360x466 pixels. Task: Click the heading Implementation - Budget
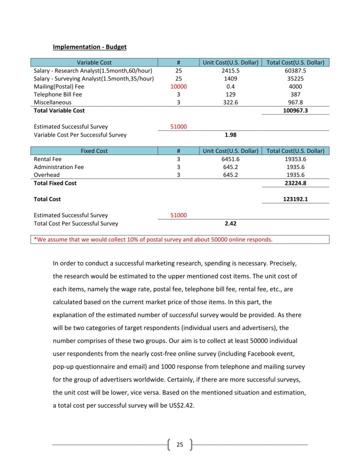89,47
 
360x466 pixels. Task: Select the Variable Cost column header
94,62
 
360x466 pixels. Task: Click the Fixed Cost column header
94,150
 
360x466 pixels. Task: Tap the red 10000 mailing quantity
178,86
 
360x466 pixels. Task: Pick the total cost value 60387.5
295,70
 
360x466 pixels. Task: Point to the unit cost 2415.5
230,70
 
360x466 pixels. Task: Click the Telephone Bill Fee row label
57,94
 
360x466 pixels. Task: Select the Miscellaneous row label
52,102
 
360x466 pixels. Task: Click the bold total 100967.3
295,110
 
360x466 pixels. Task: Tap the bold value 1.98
230,135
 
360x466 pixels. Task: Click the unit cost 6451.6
230,159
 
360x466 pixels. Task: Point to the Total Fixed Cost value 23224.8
295,183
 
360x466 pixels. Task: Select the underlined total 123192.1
295,199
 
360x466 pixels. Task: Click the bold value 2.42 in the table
230,223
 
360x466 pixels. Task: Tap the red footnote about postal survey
153,239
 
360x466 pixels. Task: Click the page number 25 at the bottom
180,444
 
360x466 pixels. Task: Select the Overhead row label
46,175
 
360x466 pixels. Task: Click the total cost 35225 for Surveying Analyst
295,78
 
